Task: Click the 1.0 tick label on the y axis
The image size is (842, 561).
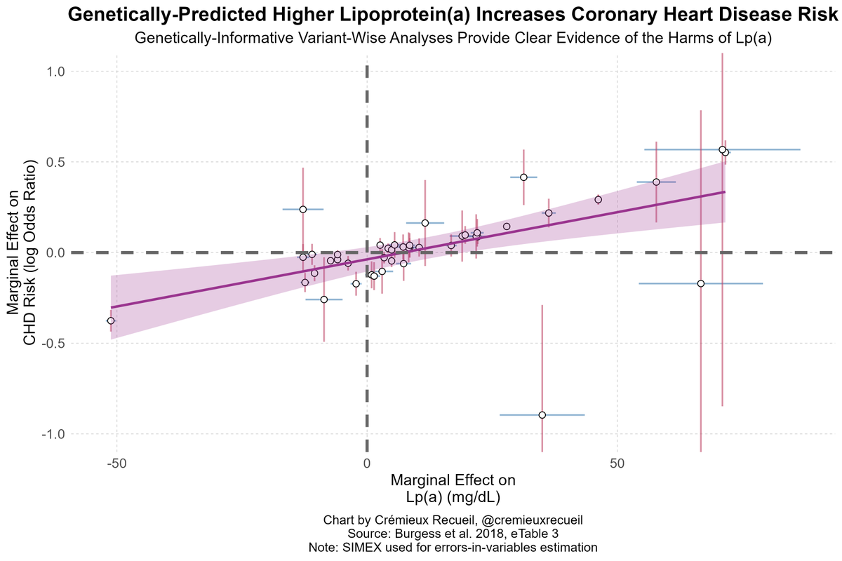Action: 55,72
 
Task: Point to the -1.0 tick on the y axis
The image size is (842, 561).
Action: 53,434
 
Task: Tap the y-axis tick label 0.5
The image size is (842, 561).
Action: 55,162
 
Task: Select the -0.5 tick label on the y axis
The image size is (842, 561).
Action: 53,344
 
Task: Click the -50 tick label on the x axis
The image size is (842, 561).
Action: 116,464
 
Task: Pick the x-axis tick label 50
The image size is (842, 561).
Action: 617,464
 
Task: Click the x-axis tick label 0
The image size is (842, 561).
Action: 366,464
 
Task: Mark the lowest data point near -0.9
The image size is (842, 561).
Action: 542,415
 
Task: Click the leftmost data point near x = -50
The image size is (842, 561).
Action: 110,320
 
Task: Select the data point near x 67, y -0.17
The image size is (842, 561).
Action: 700,283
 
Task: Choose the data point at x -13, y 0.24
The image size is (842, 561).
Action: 302,209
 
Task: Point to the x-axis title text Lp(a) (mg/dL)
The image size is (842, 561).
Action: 453,496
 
